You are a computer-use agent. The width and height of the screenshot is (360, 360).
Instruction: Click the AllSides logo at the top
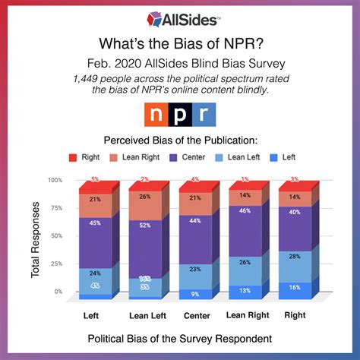(179, 17)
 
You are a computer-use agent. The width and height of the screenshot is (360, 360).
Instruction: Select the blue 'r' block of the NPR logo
(204, 115)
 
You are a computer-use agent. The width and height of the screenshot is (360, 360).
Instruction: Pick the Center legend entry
(189, 158)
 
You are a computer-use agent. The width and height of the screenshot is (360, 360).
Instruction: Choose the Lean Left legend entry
(241, 158)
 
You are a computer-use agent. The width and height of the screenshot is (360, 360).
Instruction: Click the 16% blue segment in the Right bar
(295, 288)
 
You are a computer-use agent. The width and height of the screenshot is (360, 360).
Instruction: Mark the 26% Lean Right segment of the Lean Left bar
(145, 195)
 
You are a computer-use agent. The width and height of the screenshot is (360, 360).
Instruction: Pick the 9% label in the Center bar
(194, 293)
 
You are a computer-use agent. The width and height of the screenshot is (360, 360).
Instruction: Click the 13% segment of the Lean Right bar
(245, 290)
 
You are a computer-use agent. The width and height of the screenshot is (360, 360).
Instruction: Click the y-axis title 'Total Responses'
(36, 236)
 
